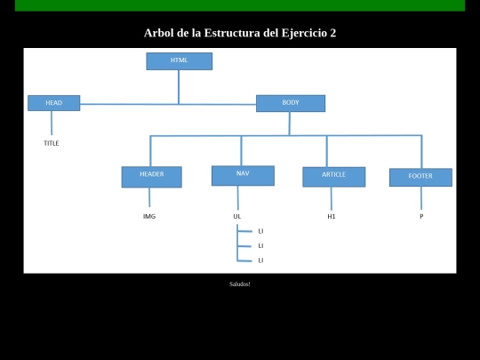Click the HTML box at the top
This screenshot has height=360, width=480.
point(180,61)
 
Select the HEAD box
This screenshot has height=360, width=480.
point(54,103)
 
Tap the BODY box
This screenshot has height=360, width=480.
point(291,103)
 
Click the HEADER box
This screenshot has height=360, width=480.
point(151,177)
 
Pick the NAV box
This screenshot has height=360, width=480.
point(243,176)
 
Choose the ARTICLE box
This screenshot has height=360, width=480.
point(334,177)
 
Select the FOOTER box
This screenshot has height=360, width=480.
point(420,177)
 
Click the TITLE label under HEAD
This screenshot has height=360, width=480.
point(52,143)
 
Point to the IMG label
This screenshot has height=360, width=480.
point(149,216)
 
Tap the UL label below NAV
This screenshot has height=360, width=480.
point(237,216)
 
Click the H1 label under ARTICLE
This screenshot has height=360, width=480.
point(332,216)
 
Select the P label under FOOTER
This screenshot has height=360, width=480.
point(421,216)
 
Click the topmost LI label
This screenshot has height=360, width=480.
point(260,231)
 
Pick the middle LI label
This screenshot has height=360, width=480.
point(260,246)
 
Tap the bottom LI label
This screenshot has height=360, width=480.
point(260,260)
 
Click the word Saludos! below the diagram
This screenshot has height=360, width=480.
point(240,284)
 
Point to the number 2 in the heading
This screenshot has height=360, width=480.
point(333,33)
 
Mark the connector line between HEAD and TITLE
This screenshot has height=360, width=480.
point(52,123)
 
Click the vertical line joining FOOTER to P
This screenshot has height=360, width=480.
point(421,198)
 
